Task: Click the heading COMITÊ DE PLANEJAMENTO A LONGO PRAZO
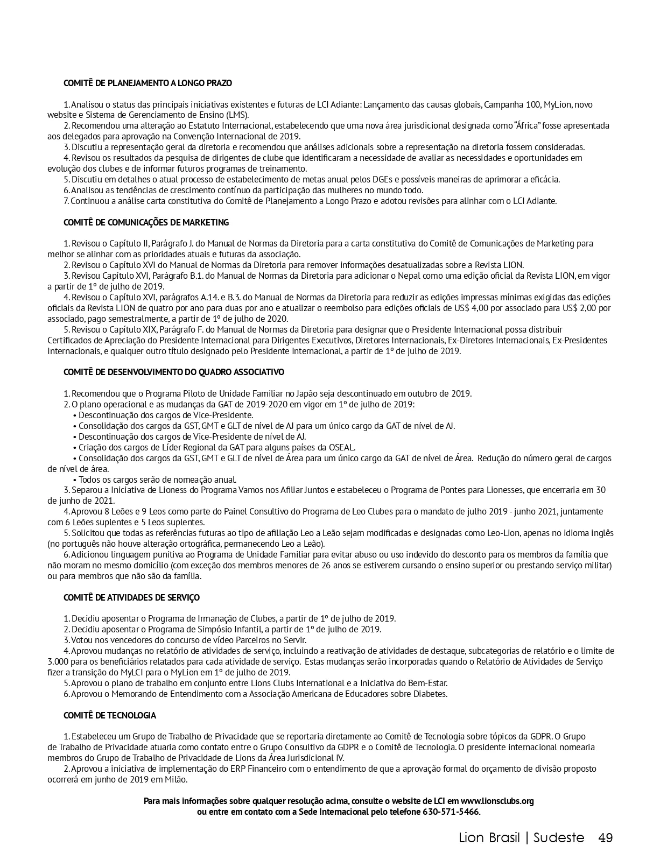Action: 148,83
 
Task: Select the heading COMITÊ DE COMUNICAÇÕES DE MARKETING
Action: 146,222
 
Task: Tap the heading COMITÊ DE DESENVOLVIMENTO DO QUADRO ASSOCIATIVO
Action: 173,372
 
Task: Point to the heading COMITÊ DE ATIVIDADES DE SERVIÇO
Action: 131,597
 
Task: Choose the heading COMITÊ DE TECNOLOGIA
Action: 110,715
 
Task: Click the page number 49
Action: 606,838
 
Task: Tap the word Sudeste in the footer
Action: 559,838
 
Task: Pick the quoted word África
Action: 528,126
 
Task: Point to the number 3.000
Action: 58,661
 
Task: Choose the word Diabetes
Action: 430,694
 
